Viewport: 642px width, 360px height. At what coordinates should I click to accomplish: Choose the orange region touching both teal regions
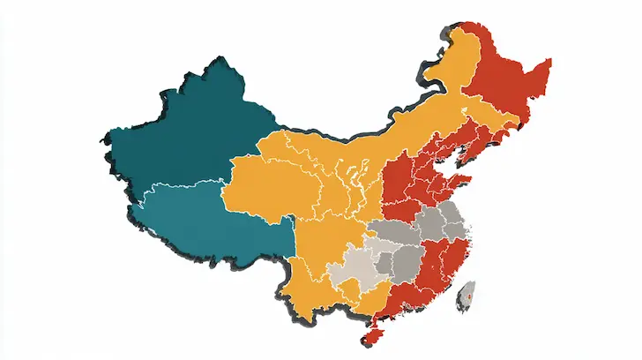265,190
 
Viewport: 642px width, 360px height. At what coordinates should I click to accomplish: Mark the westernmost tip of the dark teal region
104,141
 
